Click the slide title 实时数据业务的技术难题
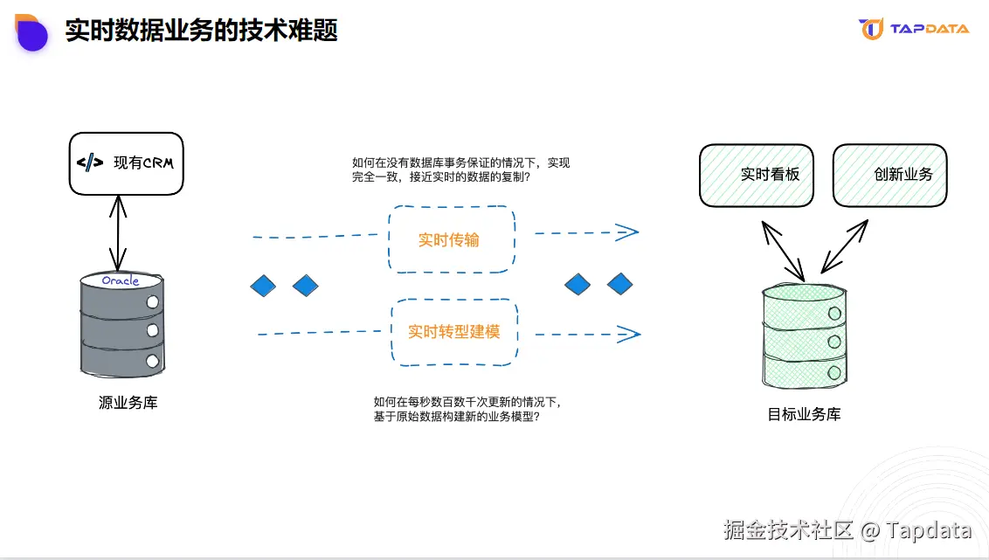201,31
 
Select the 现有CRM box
126,163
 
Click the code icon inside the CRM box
90,162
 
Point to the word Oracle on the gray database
121,280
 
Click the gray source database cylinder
122,327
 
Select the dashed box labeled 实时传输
450,239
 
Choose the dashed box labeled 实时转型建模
454,332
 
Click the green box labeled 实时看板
757,175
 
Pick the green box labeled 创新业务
889,175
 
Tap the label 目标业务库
804,414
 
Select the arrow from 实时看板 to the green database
783,248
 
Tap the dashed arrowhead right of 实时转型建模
628,333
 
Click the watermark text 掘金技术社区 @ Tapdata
847,529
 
